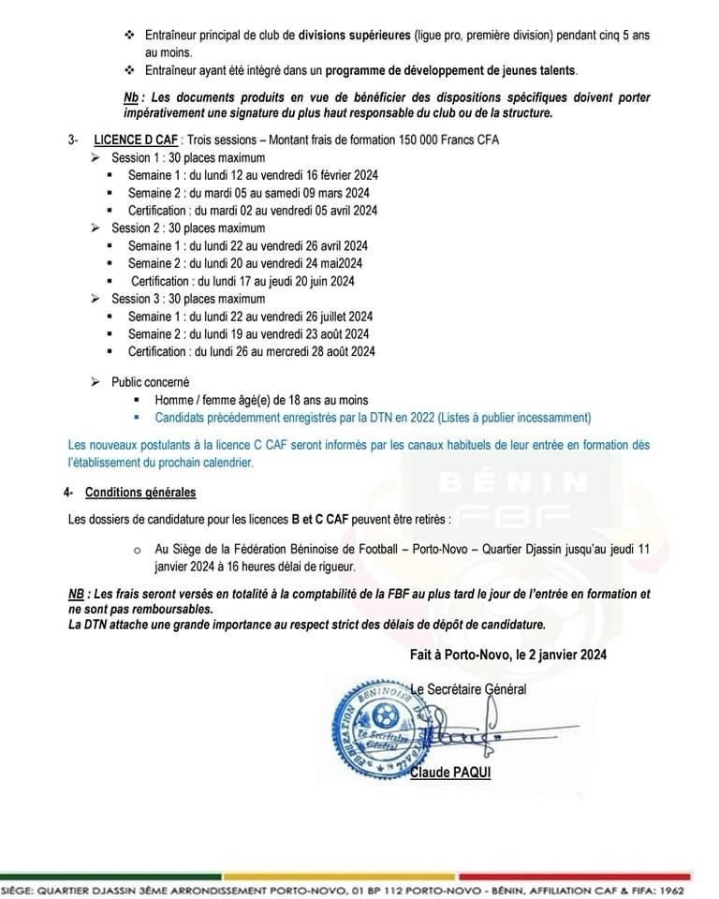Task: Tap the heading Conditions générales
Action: click(x=140, y=492)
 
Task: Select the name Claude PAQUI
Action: click(x=450, y=773)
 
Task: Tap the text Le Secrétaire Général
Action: click(x=468, y=689)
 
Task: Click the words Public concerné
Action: click(x=150, y=382)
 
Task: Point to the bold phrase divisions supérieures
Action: click(x=357, y=35)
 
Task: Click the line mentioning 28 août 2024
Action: click(x=252, y=351)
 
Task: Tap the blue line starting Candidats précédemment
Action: click(x=373, y=418)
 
